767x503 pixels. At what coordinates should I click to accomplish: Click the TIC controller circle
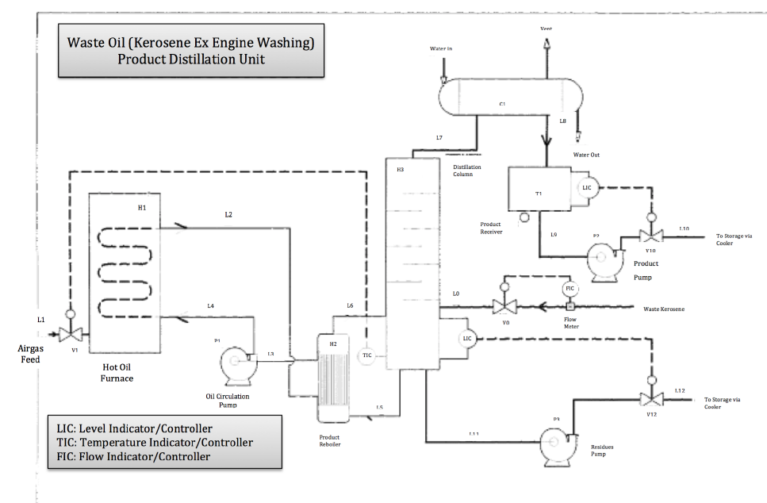click(x=366, y=355)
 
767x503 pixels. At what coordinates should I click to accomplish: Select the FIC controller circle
click(x=568, y=288)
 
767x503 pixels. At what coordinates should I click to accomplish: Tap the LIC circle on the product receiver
click(x=587, y=188)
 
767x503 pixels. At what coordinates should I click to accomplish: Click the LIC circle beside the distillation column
click(x=467, y=339)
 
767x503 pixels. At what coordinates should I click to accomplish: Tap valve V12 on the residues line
click(x=651, y=397)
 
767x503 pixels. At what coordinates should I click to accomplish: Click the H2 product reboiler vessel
click(x=333, y=378)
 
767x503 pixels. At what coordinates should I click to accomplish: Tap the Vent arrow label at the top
click(x=546, y=29)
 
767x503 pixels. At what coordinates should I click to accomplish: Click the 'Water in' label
click(x=441, y=49)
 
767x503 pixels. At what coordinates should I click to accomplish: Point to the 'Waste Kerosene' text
click(x=663, y=309)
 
